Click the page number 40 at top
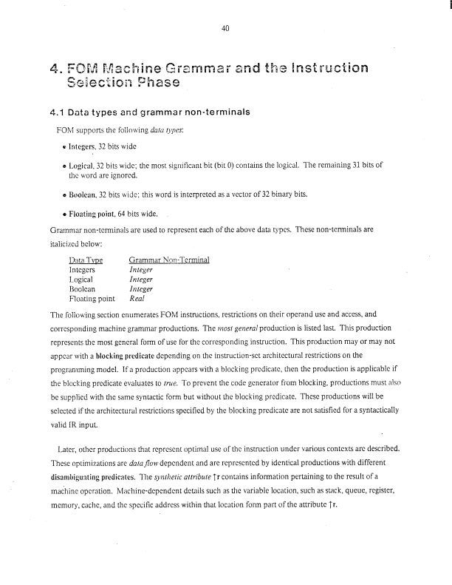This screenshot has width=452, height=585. pos(226,29)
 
